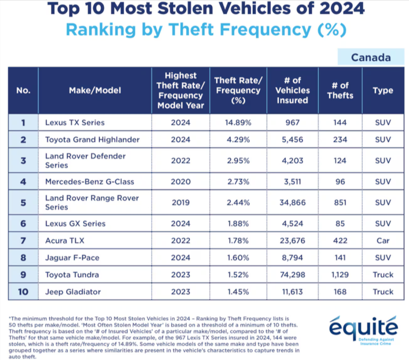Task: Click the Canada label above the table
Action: tap(371, 57)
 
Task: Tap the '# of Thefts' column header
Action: tap(340, 90)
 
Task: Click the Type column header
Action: tap(382, 90)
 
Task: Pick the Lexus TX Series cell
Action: tap(75, 123)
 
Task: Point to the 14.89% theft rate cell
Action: tap(238, 123)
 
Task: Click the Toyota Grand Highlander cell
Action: tap(92, 140)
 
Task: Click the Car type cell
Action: tap(382, 241)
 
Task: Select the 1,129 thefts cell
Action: tap(340, 275)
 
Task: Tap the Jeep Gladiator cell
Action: tap(74, 292)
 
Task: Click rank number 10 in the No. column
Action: tap(23, 292)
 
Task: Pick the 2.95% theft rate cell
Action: tap(238, 161)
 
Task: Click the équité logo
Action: tap(363, 326)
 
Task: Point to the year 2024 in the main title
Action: tap(337, 9)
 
